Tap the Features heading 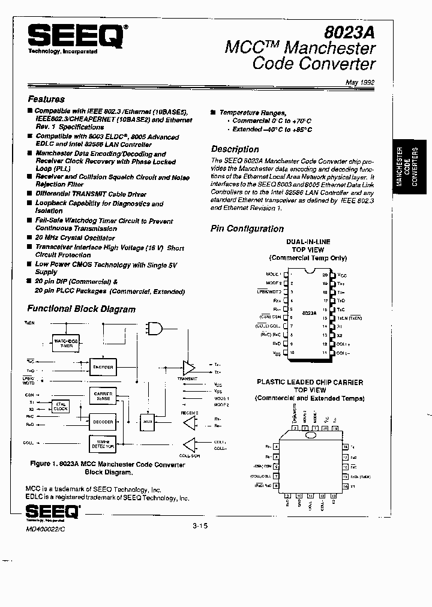46,99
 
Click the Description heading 235,149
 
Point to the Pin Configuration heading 247,229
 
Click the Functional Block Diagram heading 82,309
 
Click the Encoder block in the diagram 103,366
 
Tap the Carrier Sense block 103,396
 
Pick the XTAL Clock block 61,406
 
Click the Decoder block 103,422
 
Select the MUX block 146,422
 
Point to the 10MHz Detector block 103,445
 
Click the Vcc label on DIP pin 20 342,274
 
